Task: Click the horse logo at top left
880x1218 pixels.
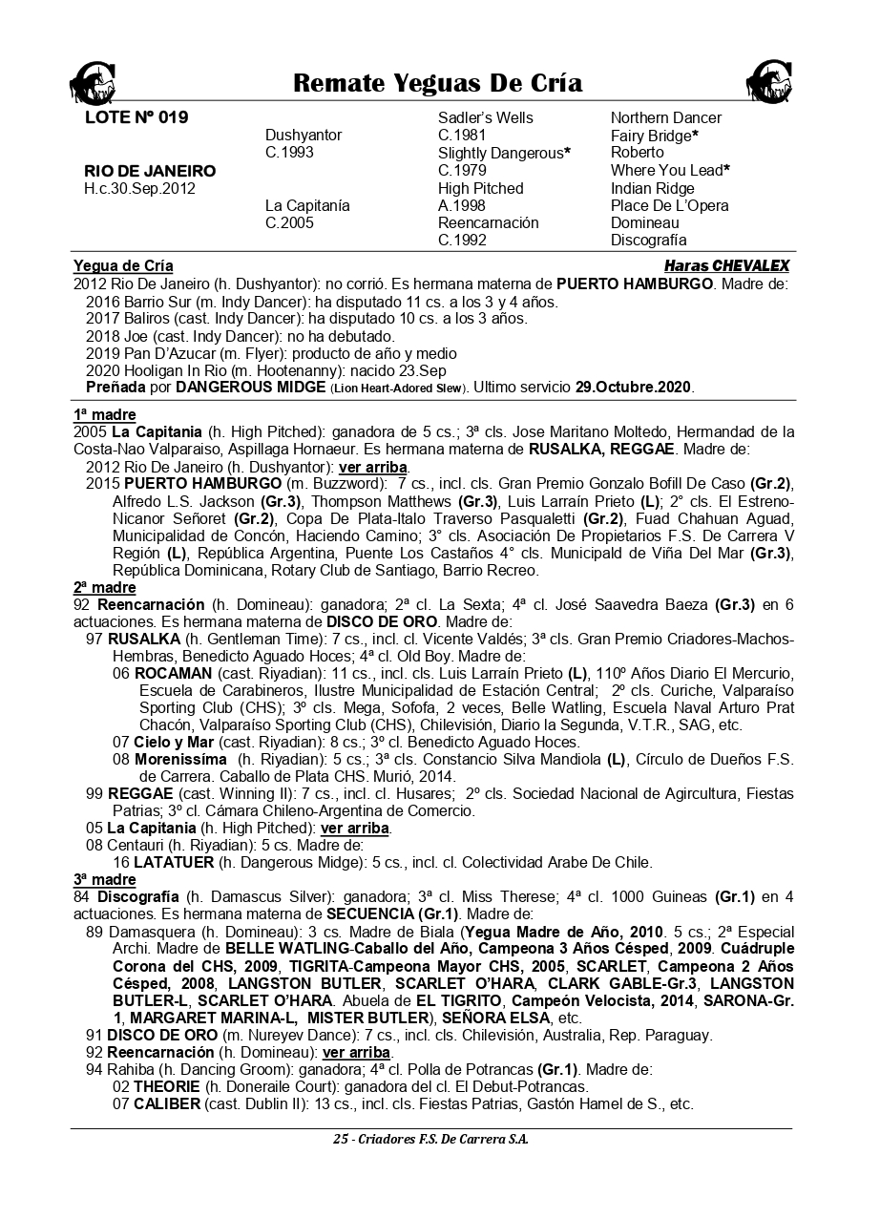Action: (91, 82)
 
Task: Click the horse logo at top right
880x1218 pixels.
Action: (770, 82)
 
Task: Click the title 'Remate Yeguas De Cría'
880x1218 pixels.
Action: (437, 83)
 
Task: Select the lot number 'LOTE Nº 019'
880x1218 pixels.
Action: (136, 118)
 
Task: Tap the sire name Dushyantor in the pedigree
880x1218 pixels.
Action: (303, 136)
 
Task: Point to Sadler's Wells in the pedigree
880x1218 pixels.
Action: (485, 118)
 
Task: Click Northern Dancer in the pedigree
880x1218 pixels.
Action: (665, 118)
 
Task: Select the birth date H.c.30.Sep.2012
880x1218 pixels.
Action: (139, 188)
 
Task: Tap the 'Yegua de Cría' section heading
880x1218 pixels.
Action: (123, 266)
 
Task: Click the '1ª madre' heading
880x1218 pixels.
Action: (104, 415)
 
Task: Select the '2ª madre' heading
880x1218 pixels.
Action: (104, 588)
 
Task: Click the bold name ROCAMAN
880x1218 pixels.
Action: (173, 674)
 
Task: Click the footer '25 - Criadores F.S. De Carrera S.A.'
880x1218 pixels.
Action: (430, 1139)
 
